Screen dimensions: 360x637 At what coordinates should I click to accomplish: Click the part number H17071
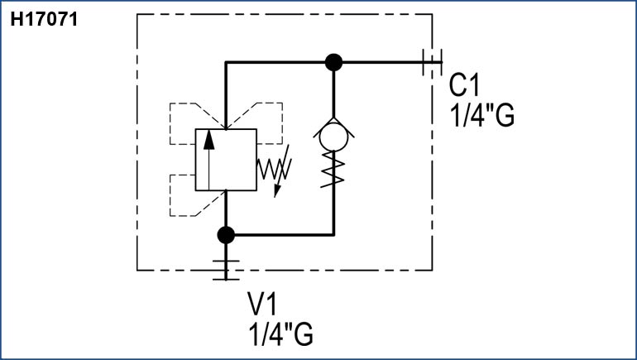coord(43,19)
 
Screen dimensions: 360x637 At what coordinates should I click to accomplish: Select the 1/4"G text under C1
coord(482,115)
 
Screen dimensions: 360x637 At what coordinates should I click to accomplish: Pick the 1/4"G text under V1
coord(280,336)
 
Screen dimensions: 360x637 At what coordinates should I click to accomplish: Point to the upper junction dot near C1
coord(333,61)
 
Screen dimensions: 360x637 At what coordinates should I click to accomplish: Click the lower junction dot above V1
coord(225,235)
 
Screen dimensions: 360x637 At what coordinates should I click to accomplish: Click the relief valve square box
coord(225,160)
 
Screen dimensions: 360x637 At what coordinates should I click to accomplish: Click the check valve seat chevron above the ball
coord(333,122)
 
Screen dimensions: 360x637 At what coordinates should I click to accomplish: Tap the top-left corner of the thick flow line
coord(226,62)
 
